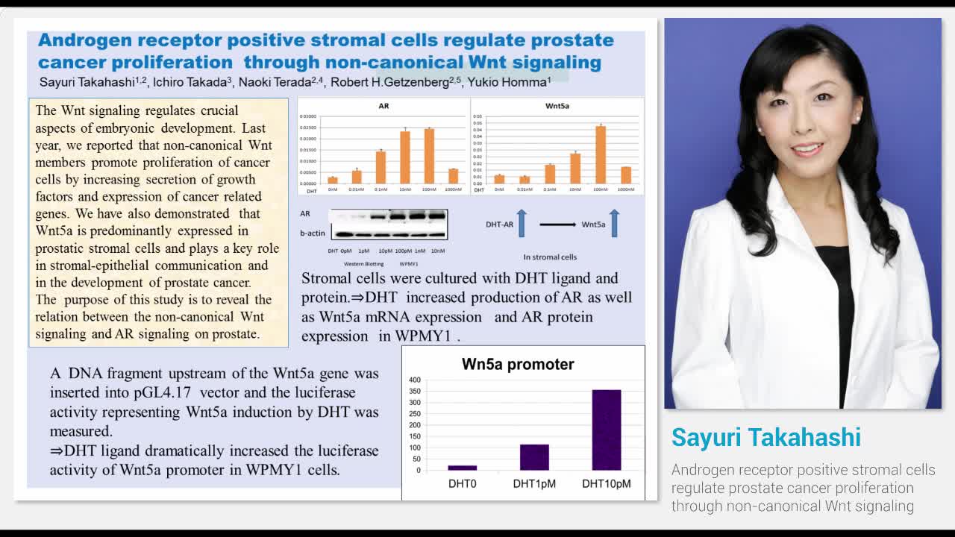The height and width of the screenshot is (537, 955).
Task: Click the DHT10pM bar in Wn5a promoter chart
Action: tap(606, 430)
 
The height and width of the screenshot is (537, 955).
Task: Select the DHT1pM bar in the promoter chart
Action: tap(534, 457)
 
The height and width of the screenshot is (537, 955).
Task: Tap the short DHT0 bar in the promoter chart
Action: tap(463, 468)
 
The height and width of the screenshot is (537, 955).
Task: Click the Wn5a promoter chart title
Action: tap(518, 365)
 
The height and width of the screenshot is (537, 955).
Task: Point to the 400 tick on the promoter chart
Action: tap(415, 380)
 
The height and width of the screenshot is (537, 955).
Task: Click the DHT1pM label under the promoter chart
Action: tap(534, 484)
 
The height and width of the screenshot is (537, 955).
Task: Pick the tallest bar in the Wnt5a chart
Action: tap(601, 154)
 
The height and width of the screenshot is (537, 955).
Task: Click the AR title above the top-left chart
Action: tap(383, 106)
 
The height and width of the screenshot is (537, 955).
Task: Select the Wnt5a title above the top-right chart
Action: tap(557, 106)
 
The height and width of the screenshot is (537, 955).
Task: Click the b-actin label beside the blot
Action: tap(313, 233)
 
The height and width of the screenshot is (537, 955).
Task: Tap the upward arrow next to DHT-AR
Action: tap(522, 223)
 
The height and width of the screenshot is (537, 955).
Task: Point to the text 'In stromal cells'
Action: tap(550, 257)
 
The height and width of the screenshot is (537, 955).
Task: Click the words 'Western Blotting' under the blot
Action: tap(363, 264)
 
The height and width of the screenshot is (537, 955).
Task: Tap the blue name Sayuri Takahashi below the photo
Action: tap(765, 438)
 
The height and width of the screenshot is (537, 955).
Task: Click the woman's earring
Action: tap(858, 119)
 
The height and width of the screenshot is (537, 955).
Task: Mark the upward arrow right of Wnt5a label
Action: tap(614, 223)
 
